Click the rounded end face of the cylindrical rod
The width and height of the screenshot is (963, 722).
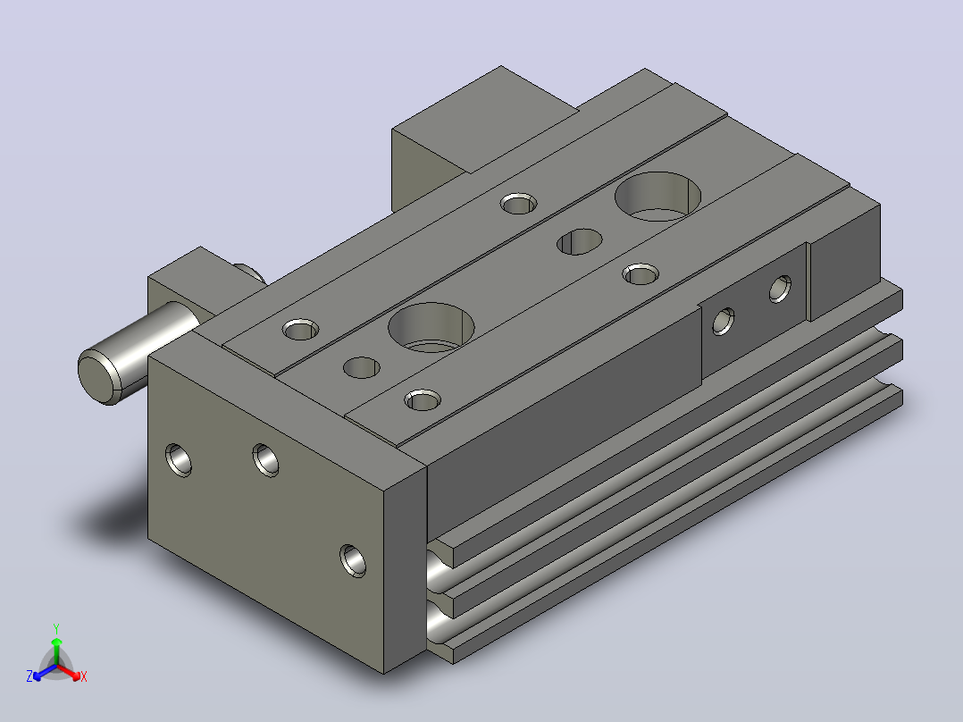click(x=98, y=377)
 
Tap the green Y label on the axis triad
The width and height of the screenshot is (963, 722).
click(x=56, y=628)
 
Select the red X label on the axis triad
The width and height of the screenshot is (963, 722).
click(x=84, y=676)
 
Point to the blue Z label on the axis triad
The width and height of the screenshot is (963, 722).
click(x=29, y=676)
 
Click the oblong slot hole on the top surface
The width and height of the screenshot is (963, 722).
click(x=579, y=241)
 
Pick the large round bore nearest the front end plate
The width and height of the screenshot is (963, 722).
click(x=431, y=327)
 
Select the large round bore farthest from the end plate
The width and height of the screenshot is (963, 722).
click(x=657, y=196)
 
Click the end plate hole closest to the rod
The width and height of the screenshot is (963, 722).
click(x=179, y=459)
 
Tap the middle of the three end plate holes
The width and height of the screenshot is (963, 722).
click(x=265, y=459)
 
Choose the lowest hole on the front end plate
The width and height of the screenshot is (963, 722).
click(x=353, y=560)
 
